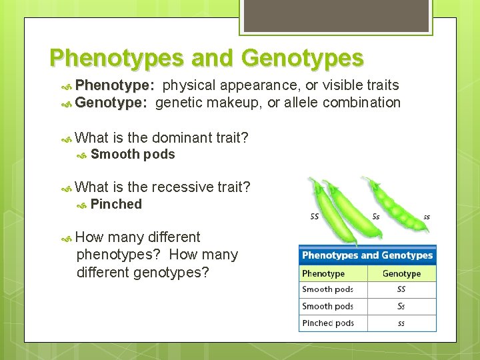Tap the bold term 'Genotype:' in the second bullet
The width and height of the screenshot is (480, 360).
coord(111,103)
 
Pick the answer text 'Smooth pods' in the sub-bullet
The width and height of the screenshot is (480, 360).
coord(133,155)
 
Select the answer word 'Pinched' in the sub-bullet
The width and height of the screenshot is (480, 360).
coord(116,205)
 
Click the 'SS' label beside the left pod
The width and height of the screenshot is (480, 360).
coord(314,216)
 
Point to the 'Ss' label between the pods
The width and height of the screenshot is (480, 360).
coord(376,216)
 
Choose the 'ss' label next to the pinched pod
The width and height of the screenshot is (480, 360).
coord(427,217)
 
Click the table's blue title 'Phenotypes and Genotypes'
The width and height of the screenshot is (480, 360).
coord(367,255)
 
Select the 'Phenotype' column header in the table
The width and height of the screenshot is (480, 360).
coord(323,273)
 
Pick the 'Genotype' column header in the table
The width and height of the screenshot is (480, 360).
coord(401,273)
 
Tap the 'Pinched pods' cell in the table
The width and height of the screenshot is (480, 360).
coord(327,323)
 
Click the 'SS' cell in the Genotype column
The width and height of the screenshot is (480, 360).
coord(401,290)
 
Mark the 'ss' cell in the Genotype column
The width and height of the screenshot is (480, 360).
coord(401,323)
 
